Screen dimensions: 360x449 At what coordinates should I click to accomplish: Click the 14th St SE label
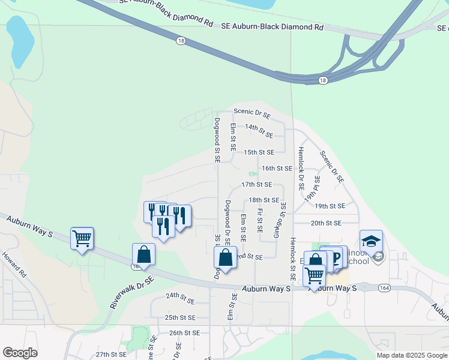(x=259, y=128)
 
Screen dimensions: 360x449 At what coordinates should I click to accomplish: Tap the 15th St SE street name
(x=259, y=152)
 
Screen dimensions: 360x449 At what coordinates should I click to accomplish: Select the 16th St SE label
(x=277, y=169)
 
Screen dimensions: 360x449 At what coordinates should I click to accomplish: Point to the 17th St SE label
(x=256, y=185)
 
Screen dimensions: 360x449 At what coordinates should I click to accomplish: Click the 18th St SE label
(x=264, y=200)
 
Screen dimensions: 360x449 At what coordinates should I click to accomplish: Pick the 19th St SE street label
(x=330, y=206)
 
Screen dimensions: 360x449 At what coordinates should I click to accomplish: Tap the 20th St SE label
(x=326, y=223)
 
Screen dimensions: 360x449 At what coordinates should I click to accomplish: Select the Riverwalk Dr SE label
(x=132, y=292)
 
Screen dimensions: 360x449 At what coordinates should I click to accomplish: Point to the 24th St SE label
(x=181, y=296)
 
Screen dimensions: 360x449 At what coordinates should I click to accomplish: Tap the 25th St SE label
(x=180, y=317)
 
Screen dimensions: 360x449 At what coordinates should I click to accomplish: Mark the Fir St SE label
(x=259, y=220)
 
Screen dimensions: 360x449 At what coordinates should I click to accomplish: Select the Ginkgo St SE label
(x=279, y=220)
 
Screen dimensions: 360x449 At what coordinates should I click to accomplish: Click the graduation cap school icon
(x=371, y=241)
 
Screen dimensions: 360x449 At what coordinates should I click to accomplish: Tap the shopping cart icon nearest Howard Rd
(x=82, y=238)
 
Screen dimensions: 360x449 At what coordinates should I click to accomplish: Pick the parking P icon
(x=336, y=257)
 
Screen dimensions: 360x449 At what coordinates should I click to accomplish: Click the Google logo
(x=20, y=353)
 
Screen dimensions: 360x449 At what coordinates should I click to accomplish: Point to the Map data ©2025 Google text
(x=412, y=355)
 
